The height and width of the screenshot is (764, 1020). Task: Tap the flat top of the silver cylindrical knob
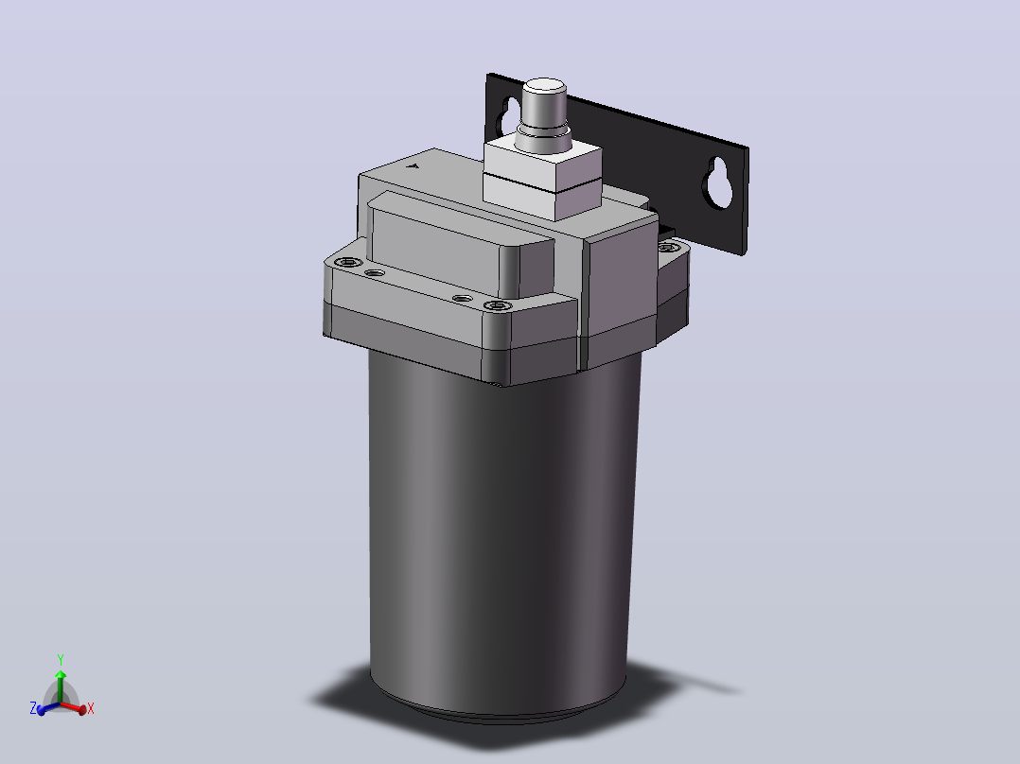pos(544,86)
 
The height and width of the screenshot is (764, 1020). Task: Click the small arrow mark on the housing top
pos(412,165)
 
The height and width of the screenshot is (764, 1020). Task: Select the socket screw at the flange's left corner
pos(348,263)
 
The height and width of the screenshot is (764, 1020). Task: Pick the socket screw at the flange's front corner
pos(498,305)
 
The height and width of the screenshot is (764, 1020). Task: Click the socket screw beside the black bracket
pos(666,248)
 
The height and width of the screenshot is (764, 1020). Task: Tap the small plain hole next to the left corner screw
pos(374,273)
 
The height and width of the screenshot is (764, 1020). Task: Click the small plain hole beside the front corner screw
pos(463,299)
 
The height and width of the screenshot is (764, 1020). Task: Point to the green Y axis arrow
pos(60,686)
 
